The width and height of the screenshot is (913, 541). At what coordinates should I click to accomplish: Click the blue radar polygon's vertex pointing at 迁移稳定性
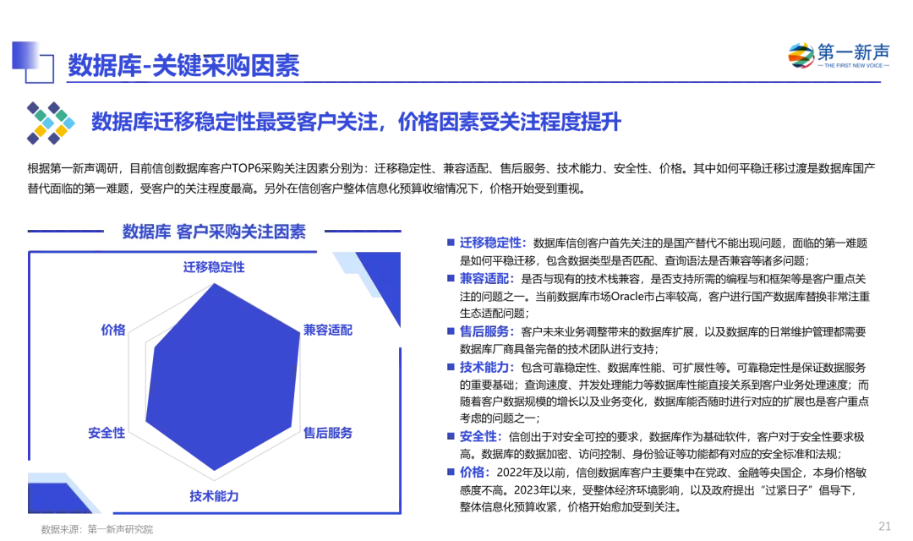(x=214, y=284)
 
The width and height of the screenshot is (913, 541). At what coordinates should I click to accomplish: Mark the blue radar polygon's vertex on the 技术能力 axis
(x=214, y=470)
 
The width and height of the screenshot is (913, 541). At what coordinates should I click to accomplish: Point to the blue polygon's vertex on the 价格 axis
(x=155, y=349)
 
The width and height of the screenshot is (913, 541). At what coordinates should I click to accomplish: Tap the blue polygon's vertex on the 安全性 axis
(x=145, y=418)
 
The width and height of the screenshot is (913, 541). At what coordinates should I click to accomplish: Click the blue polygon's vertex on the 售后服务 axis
(x=291, y=427)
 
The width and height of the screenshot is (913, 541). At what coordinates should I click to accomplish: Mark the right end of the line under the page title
(x=880, y=82)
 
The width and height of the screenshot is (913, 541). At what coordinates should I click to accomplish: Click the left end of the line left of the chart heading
(x=28, y=231)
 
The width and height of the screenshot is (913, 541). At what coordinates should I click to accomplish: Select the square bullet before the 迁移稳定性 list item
(x=451, y=243)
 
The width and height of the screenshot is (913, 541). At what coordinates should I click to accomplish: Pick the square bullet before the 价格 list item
(x=451, y=472)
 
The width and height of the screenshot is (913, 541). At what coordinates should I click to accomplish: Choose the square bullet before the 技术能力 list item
(x=451, y=367)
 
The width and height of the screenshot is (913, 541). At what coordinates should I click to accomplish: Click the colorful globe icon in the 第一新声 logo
(x=801, y=56)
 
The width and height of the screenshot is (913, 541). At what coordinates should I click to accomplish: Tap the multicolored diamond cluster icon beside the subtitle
(x=51, y=123)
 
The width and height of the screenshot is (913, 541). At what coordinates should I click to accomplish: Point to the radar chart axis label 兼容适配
(x=328, y=331)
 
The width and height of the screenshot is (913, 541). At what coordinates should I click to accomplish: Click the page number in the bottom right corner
(x=884, y=527)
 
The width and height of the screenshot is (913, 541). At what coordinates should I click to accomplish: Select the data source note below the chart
(x=96, y=529)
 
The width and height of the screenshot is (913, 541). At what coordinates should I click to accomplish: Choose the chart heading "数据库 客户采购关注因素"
(x=214, y=232)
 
